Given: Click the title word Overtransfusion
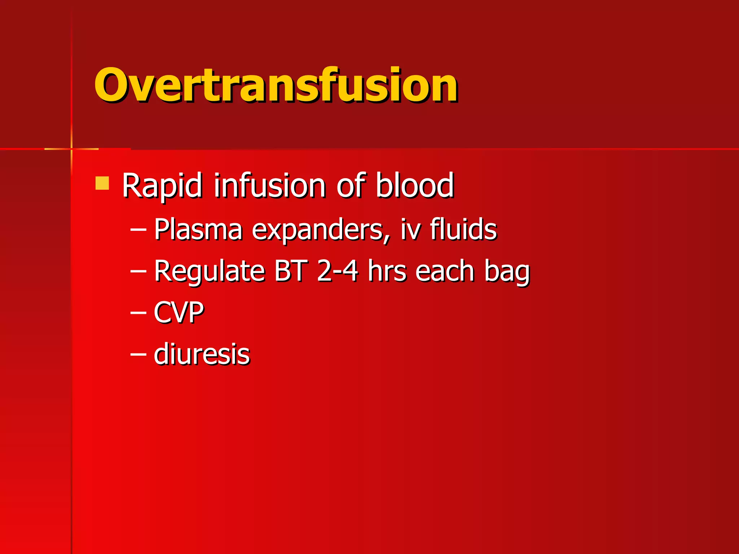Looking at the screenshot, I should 276,85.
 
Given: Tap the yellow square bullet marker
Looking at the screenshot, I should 102,183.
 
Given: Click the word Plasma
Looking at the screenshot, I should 198,230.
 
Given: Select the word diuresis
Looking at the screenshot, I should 202,354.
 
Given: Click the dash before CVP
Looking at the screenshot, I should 138,313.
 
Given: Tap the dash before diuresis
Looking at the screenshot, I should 138,355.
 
